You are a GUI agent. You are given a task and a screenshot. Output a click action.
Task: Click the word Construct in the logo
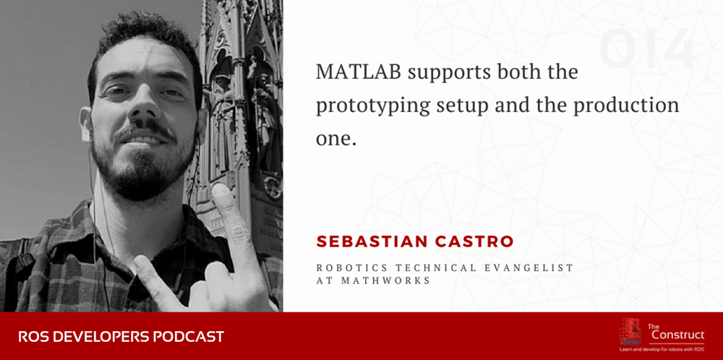point(677,335)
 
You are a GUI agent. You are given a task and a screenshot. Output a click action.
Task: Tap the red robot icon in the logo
point(631,331)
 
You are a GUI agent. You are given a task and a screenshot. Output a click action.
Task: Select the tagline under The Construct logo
point(662,350)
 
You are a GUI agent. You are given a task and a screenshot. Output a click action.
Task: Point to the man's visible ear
point(85,124)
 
